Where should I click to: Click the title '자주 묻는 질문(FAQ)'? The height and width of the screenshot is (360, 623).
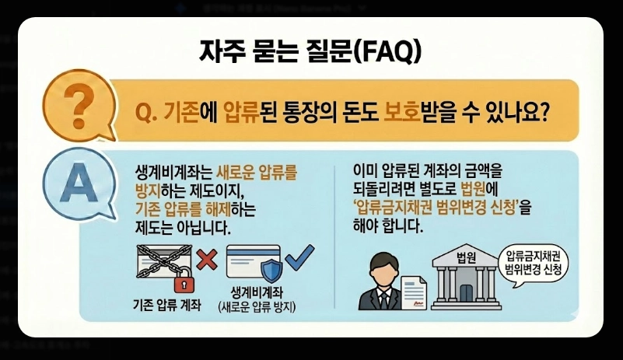coord(311,53)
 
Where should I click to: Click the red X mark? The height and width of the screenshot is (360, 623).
coord(206,260)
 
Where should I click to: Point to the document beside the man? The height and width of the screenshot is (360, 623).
coord(415,290)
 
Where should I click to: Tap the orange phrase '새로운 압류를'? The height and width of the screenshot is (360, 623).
coord(251,175)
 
